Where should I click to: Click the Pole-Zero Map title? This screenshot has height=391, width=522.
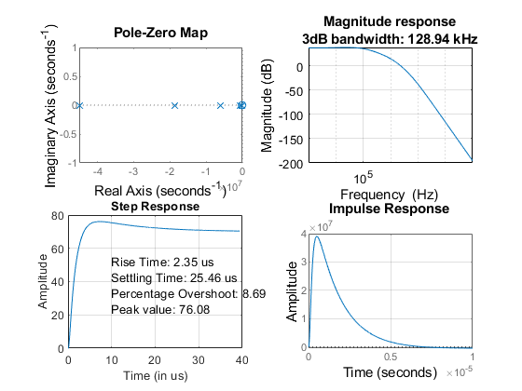160,34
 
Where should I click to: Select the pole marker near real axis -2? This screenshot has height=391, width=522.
174,105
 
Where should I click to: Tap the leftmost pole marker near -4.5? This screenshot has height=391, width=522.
80,105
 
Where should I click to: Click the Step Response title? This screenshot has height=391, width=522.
155,206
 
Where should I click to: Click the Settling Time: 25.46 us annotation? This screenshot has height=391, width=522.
174,278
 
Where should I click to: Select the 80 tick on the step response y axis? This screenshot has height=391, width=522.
61,216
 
